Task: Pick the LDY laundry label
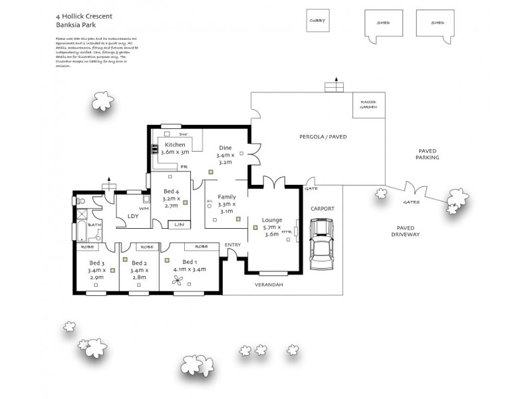coord(132,215)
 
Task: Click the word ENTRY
coord(233,245)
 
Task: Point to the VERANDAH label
coord(269,285)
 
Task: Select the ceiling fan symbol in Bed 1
coord(178,282)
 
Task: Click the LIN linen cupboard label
coord(178,225)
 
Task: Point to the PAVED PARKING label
coord(427,154)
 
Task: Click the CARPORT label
coord(323,208)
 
